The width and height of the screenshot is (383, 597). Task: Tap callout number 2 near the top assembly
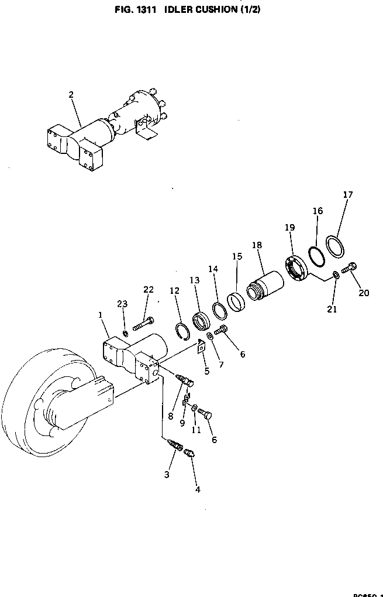coord(71,94)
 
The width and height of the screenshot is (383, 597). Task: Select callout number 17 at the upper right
coord(348,195)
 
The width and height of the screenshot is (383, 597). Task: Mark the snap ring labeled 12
coord(183,331)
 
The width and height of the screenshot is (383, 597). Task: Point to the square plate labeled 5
coord(201,347)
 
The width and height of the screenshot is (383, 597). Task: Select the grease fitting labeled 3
coord(174,444)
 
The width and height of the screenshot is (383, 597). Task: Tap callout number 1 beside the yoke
coord(101,314)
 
